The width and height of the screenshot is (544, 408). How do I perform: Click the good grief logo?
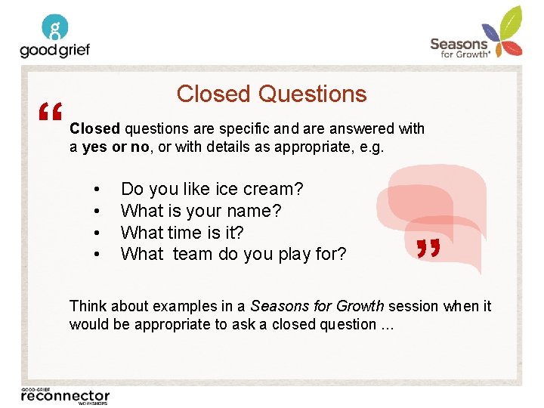pos(54,37)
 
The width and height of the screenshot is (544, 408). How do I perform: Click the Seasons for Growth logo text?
pos(459,48)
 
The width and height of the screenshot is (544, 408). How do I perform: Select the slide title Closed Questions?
pos(271,94)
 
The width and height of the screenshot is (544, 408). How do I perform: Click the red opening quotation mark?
pos(51,114)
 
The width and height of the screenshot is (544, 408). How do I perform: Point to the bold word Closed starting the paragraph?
pos(94,129)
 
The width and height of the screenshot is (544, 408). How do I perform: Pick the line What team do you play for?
pos(233,255)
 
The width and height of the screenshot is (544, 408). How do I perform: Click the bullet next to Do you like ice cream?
pos(96,190)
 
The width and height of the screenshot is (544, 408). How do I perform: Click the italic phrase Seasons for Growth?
pos(317,306)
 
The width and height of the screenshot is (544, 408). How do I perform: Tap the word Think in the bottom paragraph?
pos(87,306)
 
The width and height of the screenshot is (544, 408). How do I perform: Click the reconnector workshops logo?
pos(65,396)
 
